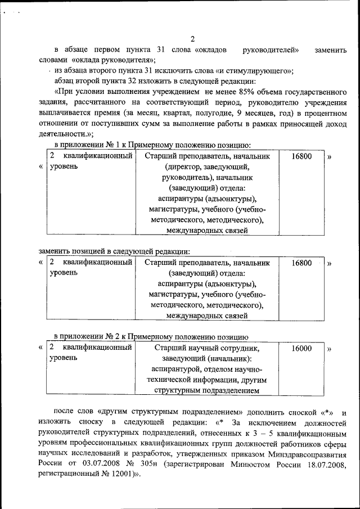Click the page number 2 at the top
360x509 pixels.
click(192, 39)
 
